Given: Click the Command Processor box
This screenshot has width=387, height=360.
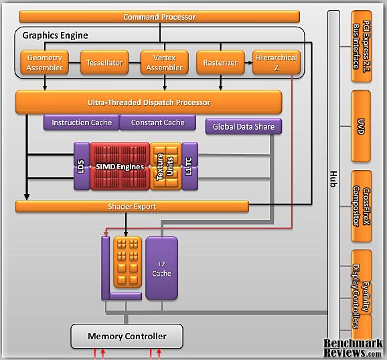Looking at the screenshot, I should click(159, 16).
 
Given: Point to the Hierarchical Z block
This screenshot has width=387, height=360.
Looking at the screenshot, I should click(276, 63).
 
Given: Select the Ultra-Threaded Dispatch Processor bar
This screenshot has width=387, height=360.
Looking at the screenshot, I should click(149, 102).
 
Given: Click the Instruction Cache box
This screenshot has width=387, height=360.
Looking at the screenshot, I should click(82, 123).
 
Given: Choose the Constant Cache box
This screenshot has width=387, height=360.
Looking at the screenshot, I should click(157, 123).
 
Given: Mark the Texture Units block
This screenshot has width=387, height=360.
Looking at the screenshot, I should click(165, 165).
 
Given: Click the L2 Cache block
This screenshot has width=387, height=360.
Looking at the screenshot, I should click(161, 267).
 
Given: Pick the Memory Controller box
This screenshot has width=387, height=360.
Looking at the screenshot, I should click(127, 335).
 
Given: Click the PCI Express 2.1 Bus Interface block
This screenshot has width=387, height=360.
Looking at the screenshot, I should click(361, 47).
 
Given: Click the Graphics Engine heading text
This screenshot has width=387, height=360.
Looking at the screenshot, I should click(55, 35).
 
